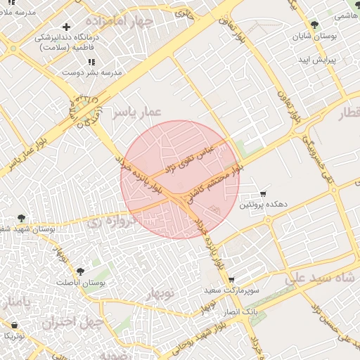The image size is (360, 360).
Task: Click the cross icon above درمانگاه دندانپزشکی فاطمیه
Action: coord(67,27)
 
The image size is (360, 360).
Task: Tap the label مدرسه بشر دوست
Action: coord(92,72)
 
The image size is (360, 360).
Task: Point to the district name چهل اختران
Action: coord(72,323)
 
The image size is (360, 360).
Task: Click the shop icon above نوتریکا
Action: coord(15,325)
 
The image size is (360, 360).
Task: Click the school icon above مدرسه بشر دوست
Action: coord(92,62)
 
